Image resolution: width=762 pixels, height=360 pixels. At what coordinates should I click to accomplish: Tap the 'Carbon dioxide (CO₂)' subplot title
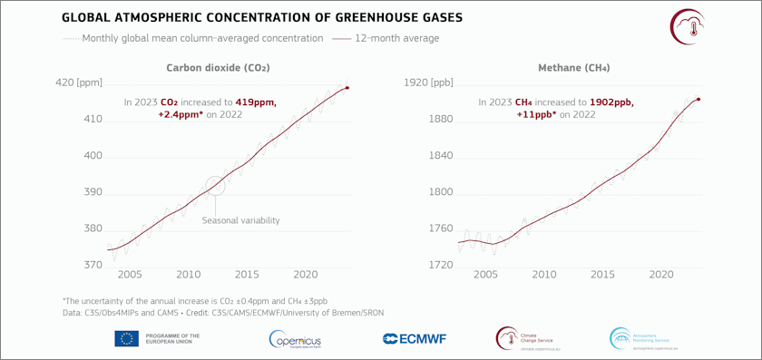click(x=218, y=68)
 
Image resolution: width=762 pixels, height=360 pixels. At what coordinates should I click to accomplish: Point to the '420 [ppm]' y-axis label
click(x=79, y=83)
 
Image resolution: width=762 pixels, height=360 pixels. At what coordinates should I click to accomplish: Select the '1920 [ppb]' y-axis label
click(x=428, y=83)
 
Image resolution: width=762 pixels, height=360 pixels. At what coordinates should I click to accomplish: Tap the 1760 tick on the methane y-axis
click(x=440, y=229)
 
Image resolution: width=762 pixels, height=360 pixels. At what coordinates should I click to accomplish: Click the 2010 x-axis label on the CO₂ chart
click(x=188, y=274)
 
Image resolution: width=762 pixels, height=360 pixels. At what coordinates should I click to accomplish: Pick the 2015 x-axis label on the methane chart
click(x=602, y=274)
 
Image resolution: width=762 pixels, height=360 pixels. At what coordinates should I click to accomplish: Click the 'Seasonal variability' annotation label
click(x=240, y=220)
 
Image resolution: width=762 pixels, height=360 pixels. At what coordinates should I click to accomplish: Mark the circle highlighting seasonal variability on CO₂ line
click(x=215, y=185)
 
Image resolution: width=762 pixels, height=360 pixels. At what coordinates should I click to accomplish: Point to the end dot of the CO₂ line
click(x=347, y=88)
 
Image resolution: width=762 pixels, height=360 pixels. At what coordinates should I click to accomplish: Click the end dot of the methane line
click(x=698, y=99)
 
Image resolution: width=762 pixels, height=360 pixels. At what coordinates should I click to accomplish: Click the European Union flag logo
click(x=126, y=338)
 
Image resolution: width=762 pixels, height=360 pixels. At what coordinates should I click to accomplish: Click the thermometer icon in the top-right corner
click(x=686, y=24)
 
